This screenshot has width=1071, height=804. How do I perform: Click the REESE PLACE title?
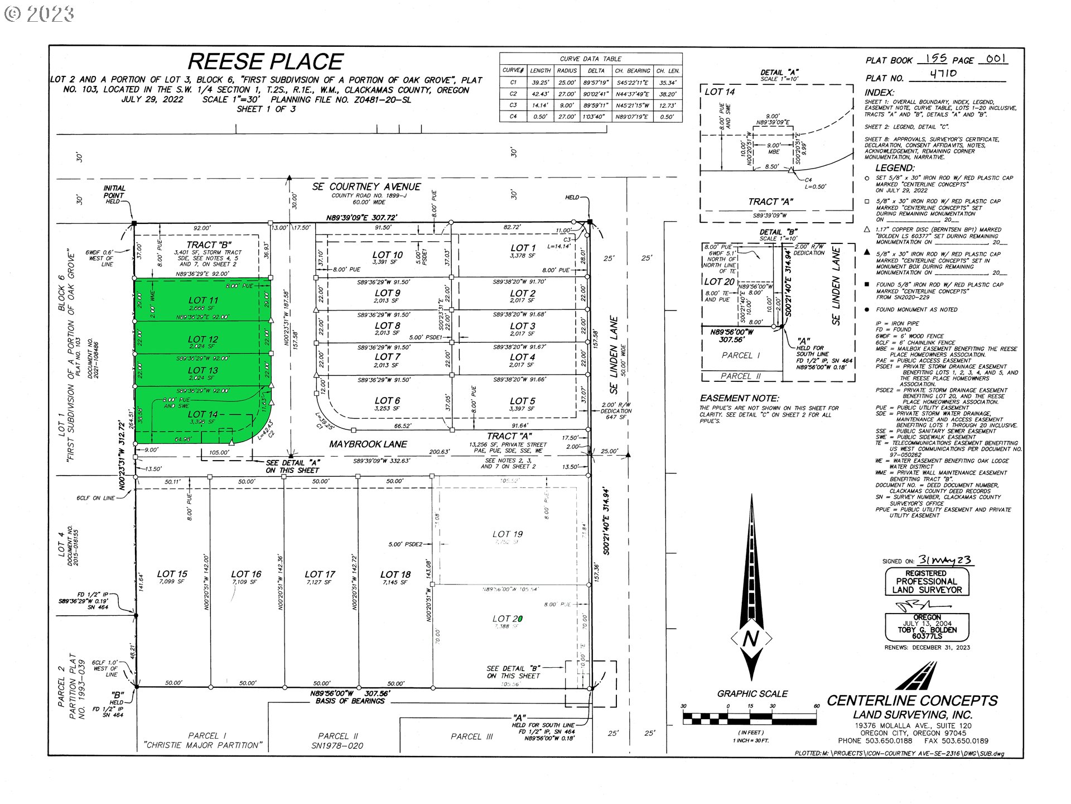point(265,61)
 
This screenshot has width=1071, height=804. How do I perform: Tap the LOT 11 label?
point(203,300)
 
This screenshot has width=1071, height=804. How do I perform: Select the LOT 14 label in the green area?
point(202,414)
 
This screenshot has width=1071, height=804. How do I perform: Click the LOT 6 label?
point(387,401)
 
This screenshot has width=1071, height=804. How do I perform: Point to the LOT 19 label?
point(507,534)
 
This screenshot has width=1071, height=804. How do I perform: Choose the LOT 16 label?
point(246,574)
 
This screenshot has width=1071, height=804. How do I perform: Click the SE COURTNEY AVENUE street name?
point(366,186)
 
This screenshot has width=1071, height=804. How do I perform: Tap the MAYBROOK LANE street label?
point(368,444)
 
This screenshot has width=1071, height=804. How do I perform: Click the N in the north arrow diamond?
point(751,639)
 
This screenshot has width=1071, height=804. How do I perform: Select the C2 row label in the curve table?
point(513,94)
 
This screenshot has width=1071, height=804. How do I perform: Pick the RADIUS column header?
point(567,71)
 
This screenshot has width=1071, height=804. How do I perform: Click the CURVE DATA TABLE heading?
point(590,59)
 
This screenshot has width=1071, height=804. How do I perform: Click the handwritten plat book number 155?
point(935,58)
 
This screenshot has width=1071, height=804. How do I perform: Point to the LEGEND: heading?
point(895,167)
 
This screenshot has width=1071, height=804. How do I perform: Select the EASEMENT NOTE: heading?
point(739,398)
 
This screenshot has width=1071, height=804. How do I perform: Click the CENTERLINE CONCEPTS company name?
point(912,701)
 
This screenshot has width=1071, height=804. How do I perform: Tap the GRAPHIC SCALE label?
point(752,694)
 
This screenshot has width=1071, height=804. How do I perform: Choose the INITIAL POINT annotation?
point(114,192)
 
